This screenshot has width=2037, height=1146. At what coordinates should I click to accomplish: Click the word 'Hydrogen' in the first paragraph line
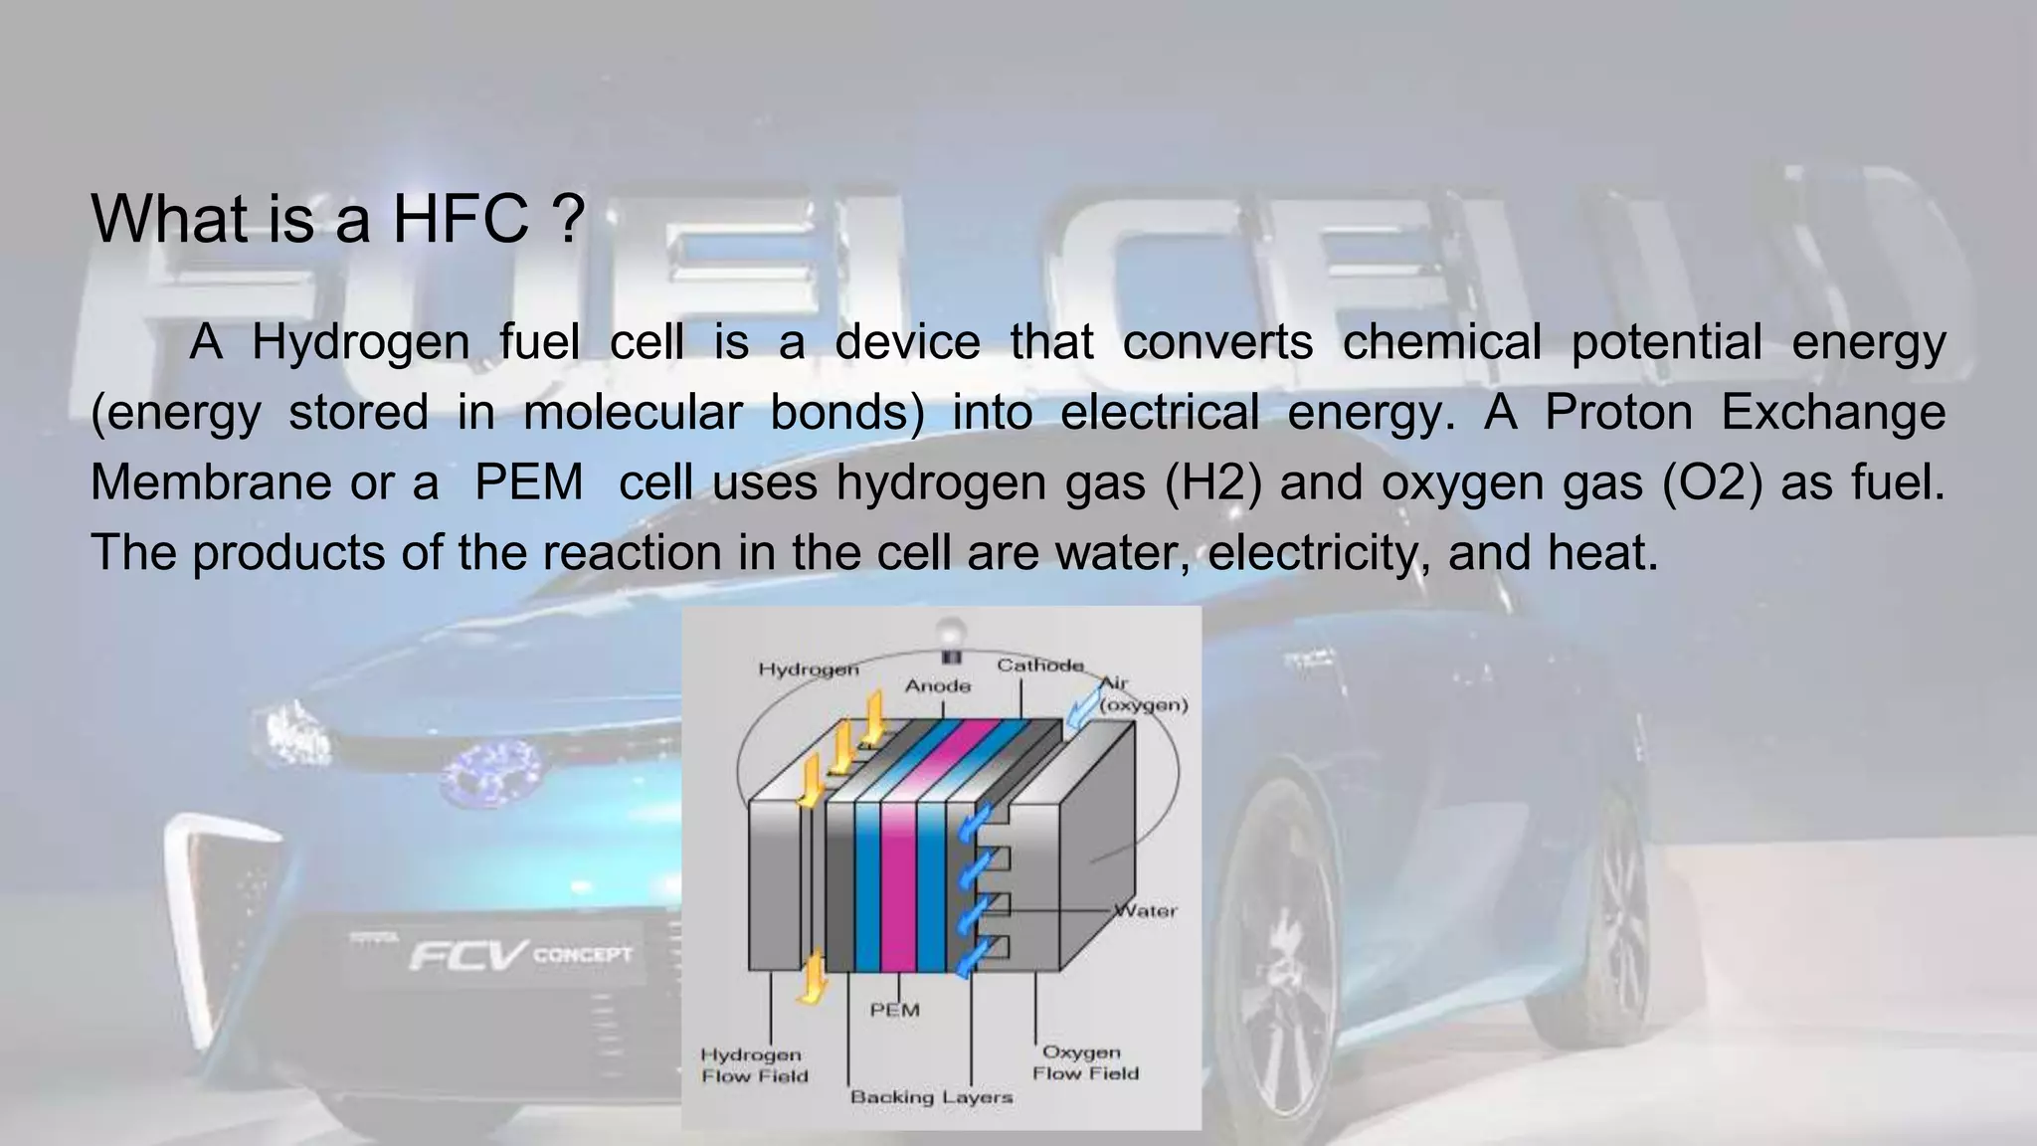[360, 342]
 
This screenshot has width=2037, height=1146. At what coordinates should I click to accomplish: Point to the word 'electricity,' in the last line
[1320, 552]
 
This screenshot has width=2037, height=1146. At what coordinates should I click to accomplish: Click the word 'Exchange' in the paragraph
[1832, 412]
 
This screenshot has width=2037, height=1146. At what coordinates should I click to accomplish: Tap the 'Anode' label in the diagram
[937, 686]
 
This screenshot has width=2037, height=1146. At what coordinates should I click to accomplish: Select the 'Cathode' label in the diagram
[1039, 666]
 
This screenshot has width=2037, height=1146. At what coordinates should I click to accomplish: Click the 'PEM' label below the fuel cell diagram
[894, 1011]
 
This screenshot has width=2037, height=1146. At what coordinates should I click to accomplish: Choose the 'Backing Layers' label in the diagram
[931, 1097]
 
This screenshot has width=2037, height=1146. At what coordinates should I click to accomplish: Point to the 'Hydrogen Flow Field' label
[754, 1065]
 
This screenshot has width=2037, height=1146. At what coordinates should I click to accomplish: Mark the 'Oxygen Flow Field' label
[1085, 1063]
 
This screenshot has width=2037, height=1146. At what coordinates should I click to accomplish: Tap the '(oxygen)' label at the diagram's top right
[1144, 705]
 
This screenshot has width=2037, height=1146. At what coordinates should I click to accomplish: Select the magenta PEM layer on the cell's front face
[898, 885]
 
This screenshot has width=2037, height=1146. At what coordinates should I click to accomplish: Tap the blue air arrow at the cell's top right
[1081, 712]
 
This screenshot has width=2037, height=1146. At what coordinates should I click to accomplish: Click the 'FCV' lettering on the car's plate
[467, 957]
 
